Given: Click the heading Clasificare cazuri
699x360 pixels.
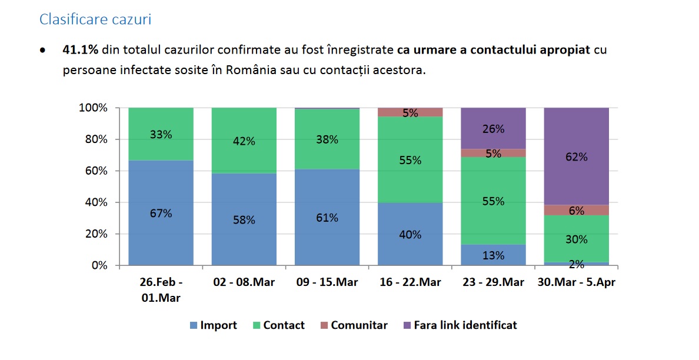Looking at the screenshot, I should pyautogui.click(x=95, y=19).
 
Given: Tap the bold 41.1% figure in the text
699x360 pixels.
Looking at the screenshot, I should pyautogui.click(x=80, y=50).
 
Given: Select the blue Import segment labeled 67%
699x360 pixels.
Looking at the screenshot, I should pyautogui.click(x=161, y=212).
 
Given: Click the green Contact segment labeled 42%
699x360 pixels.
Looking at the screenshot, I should pyautogui.click(x=244, y=141).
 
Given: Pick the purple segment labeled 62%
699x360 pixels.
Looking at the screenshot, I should pyautogui.click(x=576, y=156).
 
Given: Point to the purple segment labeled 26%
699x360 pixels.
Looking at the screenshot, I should pyautogui.click(x=493, y=128).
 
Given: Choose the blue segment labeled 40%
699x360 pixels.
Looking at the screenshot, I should pyautogui.click(x=410, y=234).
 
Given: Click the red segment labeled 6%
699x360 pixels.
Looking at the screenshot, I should pyautogui.click(x=576, y=210).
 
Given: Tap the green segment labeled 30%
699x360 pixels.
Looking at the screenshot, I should pyautogui.click(x=576, y=239).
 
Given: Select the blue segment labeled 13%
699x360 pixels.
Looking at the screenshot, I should pyautogui.click(x=493, y=255).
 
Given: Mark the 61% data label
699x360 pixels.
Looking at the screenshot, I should pyautogui.click(x=327, y=218).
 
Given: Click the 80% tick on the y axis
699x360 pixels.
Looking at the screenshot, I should pyautogui.click(x=93, y=139).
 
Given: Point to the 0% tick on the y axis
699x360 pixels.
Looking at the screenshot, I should pyautogui.click(x=96, y=265).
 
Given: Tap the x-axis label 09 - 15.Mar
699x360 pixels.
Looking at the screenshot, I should pyautogui.click(x=327, y=282).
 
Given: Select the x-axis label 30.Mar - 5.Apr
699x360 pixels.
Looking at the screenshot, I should pyautogui.click(x=576, y=282).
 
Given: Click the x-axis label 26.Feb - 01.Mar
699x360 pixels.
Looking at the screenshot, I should pyautogui.click(x=161, y=290).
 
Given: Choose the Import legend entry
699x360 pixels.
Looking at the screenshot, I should pyautogui.click(x=213, y=325).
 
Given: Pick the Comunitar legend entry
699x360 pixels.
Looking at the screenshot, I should pyautogui.click(x=354, y=325).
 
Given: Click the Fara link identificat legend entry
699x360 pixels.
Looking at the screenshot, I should pyautogui.click(x=459, y=325).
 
